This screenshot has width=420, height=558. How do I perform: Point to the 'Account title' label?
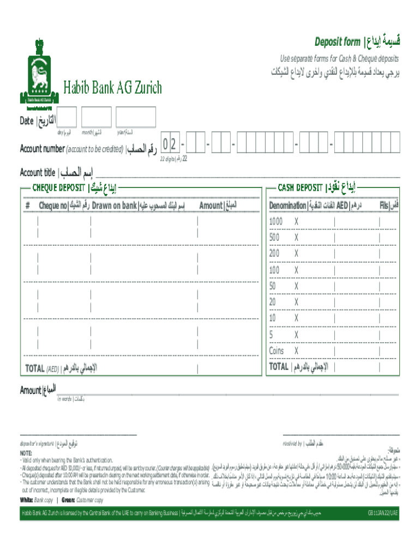37,173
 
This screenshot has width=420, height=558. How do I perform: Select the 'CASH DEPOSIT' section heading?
300,188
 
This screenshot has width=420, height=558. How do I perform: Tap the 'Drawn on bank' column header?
114,205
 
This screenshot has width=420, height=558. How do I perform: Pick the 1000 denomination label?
276,222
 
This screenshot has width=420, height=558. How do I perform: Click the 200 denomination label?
274,254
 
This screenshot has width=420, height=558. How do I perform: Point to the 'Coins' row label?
276,350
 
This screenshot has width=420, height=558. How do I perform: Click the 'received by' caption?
292,443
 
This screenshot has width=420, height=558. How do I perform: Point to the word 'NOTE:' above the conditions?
26,453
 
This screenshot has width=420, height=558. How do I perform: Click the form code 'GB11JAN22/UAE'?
383,513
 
